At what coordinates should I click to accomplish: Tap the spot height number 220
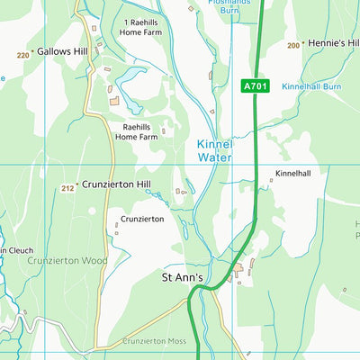(22, 55)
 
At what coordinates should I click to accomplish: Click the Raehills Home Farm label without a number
(136, 132)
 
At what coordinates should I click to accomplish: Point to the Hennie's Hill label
(333, 43)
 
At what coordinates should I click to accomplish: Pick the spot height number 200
(292, 45)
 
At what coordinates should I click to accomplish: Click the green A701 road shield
(255, 86)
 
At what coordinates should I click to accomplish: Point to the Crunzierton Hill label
(116, 184)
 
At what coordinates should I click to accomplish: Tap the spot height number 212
(67, 188)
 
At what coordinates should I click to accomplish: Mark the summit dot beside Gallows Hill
(33, 52)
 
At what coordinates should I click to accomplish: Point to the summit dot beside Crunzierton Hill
(78, 184)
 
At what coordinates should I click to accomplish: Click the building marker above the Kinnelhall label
(272, 180)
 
